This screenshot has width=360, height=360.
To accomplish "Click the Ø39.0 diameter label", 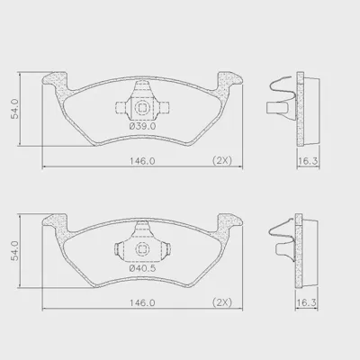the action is pos(142,126).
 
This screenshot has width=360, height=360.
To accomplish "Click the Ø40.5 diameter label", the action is pos(142,268).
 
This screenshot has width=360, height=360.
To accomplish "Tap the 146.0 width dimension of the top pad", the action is pos(142,161).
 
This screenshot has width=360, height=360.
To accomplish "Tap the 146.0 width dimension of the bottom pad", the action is pos(142,303).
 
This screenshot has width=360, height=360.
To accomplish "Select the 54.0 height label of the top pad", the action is pos(15,109).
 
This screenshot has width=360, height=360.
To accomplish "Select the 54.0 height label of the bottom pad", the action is pos(15,250).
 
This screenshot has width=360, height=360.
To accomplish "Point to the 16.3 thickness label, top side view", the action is pos(308,161).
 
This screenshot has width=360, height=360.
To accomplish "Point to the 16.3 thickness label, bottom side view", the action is pos(306,303).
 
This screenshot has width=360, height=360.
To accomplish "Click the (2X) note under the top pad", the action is pos(222,161).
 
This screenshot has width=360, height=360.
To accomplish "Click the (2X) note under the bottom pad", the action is pos(222,302).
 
